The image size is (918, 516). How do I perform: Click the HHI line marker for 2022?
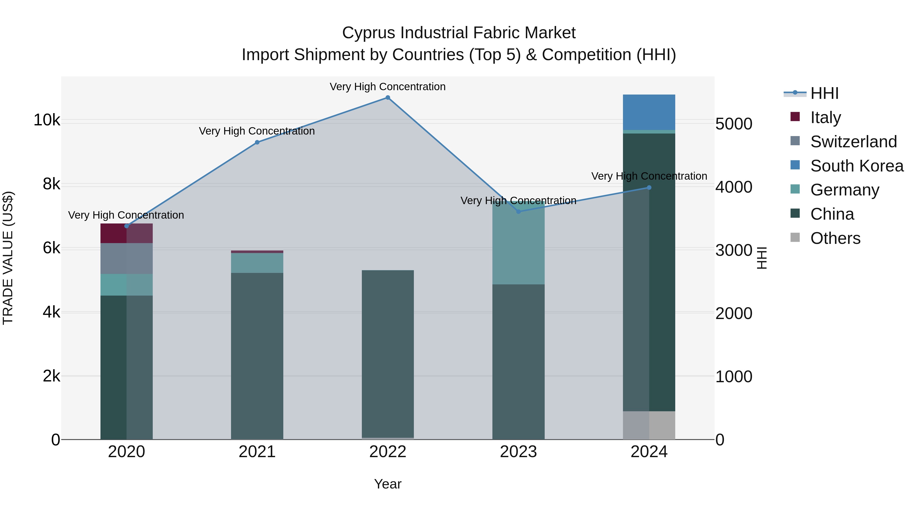point(388,98)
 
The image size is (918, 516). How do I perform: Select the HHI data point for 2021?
point(257,142)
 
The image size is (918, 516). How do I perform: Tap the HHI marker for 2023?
point(518,211)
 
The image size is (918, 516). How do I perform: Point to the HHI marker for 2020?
point(126,226)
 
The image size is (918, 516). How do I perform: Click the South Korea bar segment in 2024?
point(649,112)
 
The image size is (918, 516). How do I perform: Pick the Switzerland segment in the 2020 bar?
point(126,259)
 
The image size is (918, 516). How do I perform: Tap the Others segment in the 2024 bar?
point(649,425)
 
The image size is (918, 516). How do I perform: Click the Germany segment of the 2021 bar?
point(257,263)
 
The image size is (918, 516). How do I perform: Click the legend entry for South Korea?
point(857,166)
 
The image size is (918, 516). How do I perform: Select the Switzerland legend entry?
point(853,142)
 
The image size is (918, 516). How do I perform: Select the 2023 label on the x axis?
point(518,452)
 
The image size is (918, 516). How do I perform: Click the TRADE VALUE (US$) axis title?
point(8,258)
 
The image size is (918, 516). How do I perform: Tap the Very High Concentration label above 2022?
point(388,87)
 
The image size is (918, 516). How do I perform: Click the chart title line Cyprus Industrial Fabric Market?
point(459,33)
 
